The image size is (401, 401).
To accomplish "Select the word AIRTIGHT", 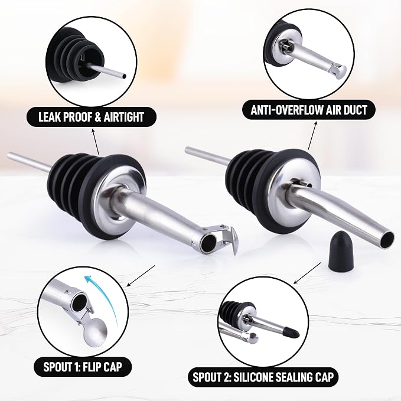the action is (123, 117).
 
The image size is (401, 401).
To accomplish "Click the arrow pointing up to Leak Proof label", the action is (96, 142).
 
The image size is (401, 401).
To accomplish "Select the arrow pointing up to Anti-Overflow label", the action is (312, 136).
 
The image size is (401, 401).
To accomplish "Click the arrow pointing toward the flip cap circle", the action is (141, 276).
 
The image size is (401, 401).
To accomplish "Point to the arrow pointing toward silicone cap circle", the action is (308, 273).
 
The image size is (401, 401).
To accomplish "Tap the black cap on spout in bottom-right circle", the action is (292, 332).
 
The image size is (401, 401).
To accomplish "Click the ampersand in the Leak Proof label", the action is (98, 117).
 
